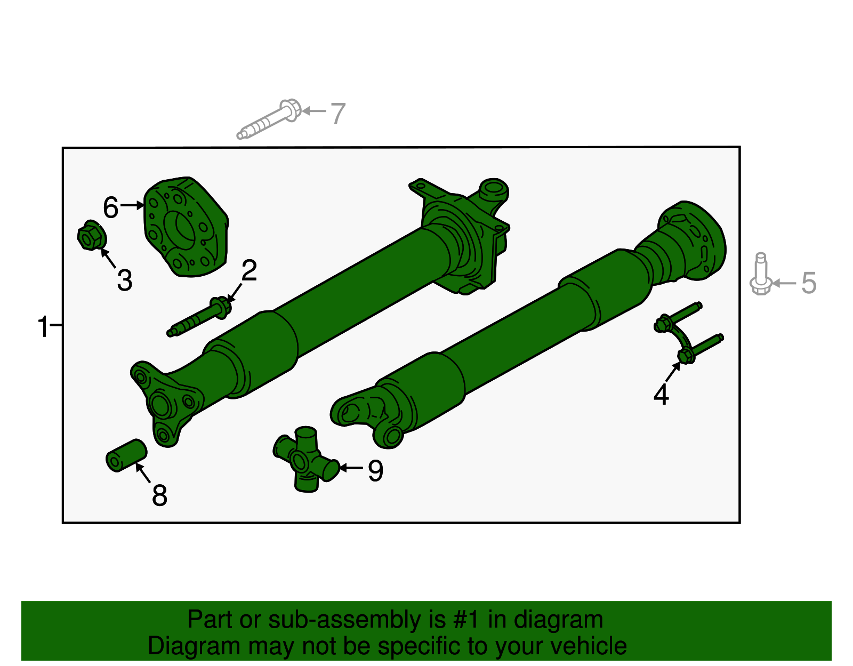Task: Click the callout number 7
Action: coord(338,114)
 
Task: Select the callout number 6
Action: coord(110,207)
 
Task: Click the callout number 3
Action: coord(125,280)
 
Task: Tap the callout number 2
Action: coord(249,271)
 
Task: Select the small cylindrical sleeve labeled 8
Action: coord(126,455)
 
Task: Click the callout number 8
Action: coord(159,495)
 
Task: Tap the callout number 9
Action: coord(376,471)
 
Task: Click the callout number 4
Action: coord(661,395)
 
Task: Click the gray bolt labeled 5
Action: coord(761,275)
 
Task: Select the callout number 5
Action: coord(809,283)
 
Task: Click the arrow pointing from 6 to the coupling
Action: coord(132,205)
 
